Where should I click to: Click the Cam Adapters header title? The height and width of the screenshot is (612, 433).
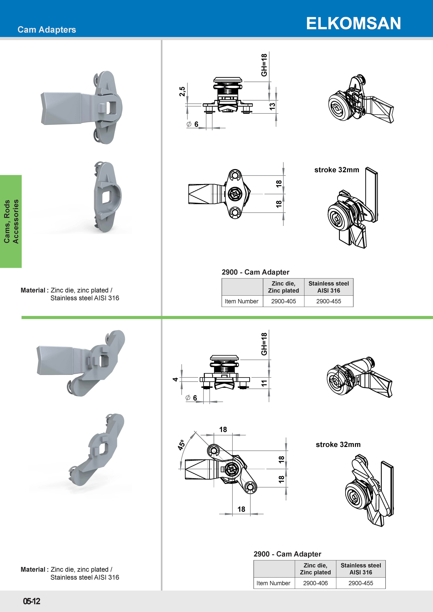click(x=47, y=30)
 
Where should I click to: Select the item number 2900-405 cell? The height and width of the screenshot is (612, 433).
click(x=283, y=301)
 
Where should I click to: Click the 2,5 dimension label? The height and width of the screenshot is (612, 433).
click(x=182, y=91)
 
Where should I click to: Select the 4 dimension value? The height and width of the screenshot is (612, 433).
click(x=175, y=379)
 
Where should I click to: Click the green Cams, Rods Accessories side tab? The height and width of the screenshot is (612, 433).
click(x=11, y=221)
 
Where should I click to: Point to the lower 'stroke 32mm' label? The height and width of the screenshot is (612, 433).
click(x=338, y=444)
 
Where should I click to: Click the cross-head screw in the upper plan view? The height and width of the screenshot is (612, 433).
click(x=235, y=194)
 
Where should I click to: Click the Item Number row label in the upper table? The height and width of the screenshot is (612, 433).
click(x=242, y=301)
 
